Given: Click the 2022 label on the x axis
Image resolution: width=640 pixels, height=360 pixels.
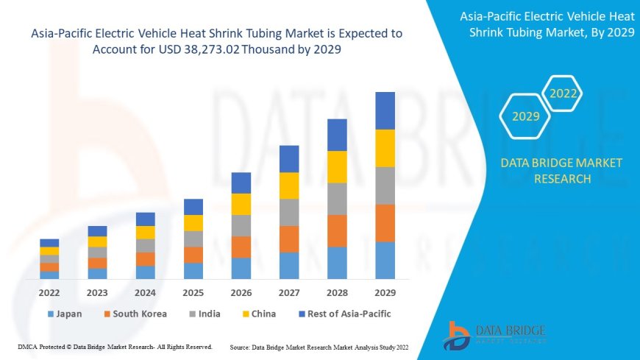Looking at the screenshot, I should point(49,292).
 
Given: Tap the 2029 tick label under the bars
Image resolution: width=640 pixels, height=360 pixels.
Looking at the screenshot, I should point(385,292).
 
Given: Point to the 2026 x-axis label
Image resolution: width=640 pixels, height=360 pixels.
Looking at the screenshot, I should point(241,292).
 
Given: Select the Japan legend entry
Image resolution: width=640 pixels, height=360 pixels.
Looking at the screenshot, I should point(65,314).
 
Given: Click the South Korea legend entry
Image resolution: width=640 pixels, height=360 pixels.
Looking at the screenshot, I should point(135,314).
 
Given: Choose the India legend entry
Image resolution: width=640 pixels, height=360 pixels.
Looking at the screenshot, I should point(205,314).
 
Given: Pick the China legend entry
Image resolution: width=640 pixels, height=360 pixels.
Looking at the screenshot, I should point(258,314).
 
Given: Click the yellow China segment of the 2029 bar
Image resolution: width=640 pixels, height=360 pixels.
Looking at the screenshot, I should point(385,148).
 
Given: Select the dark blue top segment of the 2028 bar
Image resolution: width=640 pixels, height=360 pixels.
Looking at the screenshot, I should point(337,135).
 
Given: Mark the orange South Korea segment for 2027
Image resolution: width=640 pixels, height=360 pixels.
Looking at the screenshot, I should point(289,239).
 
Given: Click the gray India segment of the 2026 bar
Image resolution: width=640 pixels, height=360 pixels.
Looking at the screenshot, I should point(241,225).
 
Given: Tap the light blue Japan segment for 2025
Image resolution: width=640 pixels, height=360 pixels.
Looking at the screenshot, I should point(193,271).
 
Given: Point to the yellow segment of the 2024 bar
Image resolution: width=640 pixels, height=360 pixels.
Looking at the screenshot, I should point(146,232).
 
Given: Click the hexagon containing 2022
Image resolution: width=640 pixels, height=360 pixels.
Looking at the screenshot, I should point(563,94).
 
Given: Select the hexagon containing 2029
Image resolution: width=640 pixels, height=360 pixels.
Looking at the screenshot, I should point(525,116).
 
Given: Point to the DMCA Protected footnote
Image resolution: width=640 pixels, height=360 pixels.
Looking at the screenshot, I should point(115,346).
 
